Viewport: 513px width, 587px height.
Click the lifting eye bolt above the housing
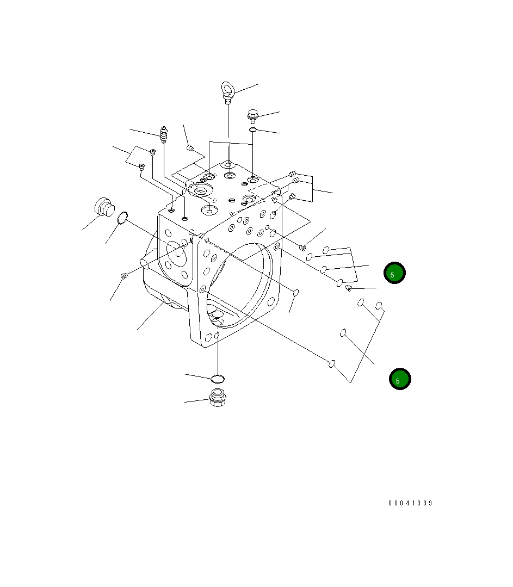pos(227,90)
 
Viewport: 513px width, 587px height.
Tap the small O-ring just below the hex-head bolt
pos(253,130)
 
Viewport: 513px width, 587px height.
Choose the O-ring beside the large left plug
pos(122,218)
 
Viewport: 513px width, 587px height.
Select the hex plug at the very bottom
pos(218,398)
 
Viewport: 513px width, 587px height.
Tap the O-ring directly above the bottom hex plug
pos(218,378)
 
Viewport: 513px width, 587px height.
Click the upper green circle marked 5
pos(394,273)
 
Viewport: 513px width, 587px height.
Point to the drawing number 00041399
pos(410,503)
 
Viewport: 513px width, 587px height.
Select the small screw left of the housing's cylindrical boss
pos(123,277)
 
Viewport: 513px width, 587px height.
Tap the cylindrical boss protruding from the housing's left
pos(146,262)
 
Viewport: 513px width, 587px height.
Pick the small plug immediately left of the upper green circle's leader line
pos(349,287)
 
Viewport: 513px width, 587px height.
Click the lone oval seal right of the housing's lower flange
pos(296,293)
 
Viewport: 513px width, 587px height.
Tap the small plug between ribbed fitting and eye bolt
pos(190,148)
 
